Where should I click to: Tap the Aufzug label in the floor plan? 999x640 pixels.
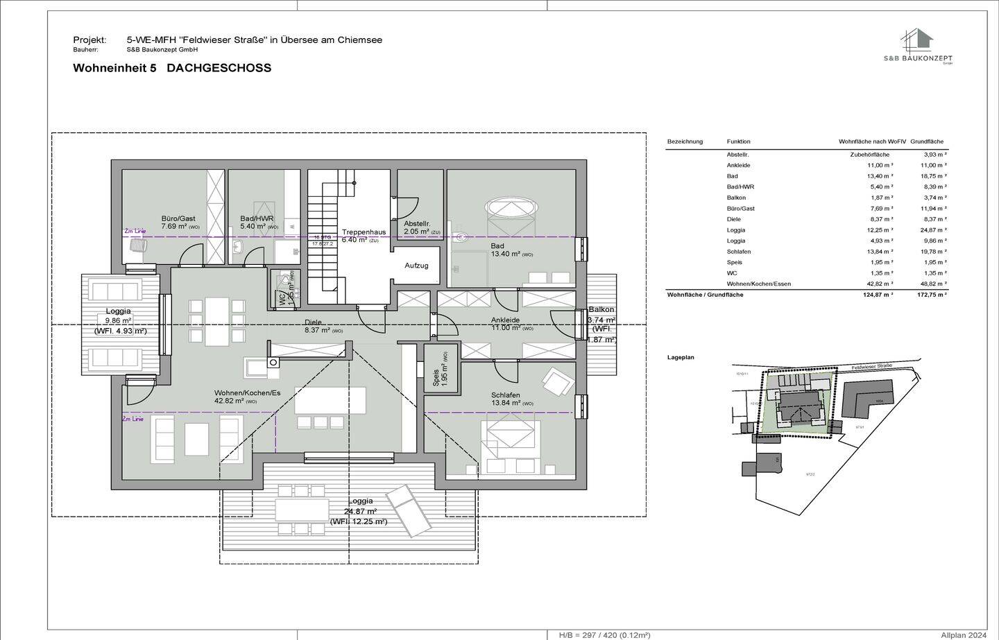[416, 266]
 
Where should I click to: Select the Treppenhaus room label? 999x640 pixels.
[363, 232]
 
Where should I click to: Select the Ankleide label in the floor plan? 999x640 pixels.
[506, 320]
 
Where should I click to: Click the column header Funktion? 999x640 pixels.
[738, 141]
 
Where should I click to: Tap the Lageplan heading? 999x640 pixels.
[680, 358]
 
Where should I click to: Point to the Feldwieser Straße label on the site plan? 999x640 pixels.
[870, 366]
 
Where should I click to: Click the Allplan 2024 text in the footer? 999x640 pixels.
[963, 634]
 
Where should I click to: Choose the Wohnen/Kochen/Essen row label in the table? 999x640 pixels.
[758, 284]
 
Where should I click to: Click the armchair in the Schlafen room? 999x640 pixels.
[558, 381]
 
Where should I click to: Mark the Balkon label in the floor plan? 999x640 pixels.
[601, 310]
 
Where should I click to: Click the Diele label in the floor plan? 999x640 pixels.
[314, 322]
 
